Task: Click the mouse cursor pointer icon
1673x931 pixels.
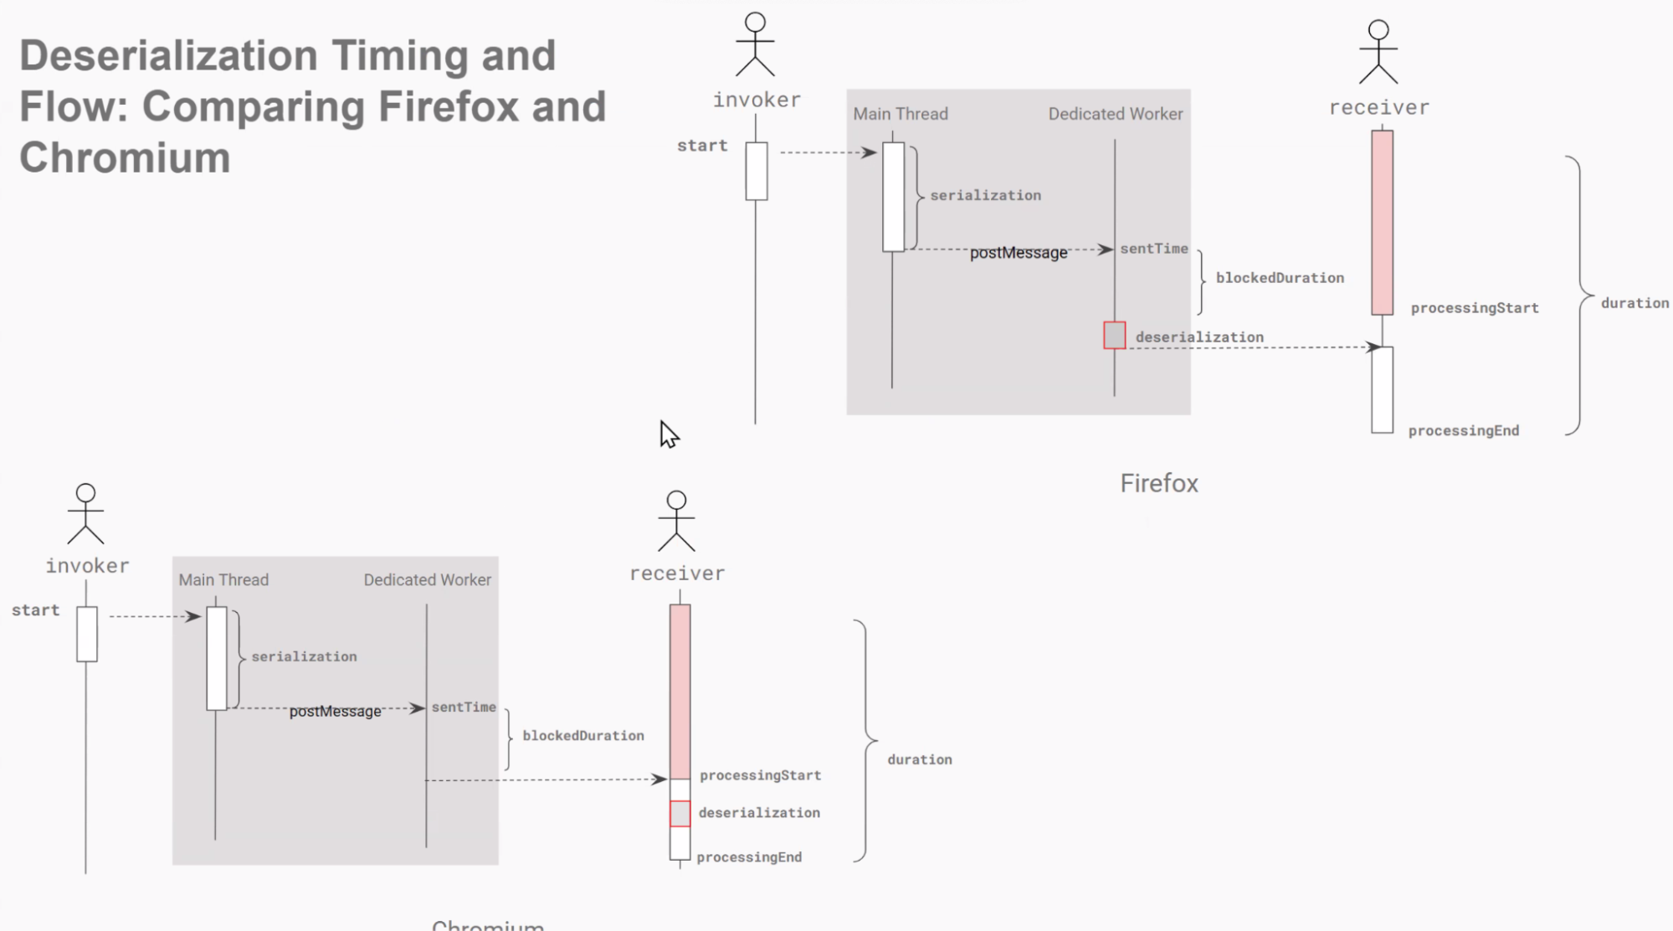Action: coord(669,435)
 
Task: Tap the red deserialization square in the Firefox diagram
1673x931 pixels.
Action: coord(1114,336)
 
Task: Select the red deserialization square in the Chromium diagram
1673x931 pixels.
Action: coord(680,813)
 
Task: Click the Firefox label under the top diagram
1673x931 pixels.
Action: coord(1159,483)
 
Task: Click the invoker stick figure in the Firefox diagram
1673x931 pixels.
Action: coord(755,45)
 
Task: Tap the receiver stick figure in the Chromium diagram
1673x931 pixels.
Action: coord(676,521)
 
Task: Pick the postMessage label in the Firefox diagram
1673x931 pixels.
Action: coord(1019,253)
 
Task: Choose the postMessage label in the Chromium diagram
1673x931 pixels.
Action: coord(335,712)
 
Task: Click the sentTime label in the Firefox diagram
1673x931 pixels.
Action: coord(1154,249)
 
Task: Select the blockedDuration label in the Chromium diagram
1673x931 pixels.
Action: coord(583,736)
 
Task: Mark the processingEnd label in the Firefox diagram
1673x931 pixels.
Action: coord(1463,431)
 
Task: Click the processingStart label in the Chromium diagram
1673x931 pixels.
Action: coord(760,775)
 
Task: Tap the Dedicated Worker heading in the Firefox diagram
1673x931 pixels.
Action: coord(1116,114)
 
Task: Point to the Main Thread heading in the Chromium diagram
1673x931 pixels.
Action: coord(223,580)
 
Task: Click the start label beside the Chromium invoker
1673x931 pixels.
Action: coord(36,610)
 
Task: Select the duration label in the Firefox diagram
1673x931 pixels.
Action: coord(1635,303)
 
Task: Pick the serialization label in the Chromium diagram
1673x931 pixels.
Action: coord(304,657)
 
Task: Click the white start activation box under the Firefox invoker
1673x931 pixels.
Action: coord(757,171)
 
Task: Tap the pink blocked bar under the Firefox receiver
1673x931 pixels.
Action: coord(1382,222)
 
